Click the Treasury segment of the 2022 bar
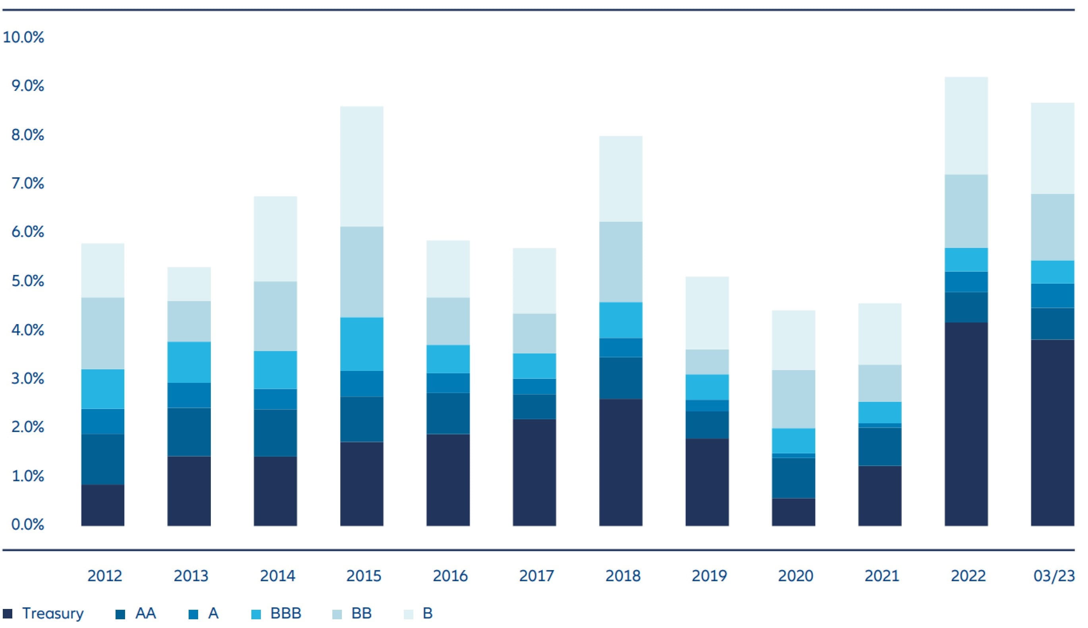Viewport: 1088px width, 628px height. click(966, 424)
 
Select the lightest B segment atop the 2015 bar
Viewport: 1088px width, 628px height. click(362, 166)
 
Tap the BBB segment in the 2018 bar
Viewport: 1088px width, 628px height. click(621, 320)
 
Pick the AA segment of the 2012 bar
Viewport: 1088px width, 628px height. click(103, 459)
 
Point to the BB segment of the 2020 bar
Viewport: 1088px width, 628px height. click(793, 399)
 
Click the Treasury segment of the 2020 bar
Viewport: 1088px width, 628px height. click(793, 512)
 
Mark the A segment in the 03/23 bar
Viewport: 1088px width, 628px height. click(1052, 296)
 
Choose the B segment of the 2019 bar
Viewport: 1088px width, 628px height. click(707, 313)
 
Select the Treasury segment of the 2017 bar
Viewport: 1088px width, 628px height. click(534, 472)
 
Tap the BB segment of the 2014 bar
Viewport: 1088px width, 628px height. click(275, 316)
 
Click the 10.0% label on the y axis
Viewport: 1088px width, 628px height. click(23, 38)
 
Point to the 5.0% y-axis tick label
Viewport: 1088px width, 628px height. click(27, 281)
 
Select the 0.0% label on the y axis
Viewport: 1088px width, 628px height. click(27, 525)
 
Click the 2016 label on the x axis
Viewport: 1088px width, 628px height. click(450, 576)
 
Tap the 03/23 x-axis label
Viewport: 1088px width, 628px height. click(1054, 576)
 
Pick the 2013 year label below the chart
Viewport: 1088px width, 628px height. click(191, 576)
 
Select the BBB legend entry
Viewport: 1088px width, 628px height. click(285, 613)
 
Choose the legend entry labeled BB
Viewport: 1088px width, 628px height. click(361, 613)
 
